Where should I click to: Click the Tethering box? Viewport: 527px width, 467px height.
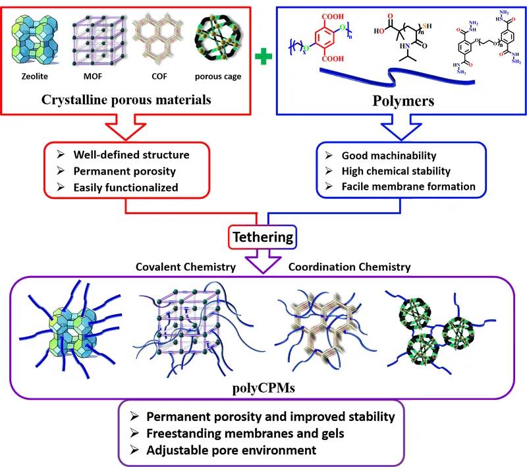263,235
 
